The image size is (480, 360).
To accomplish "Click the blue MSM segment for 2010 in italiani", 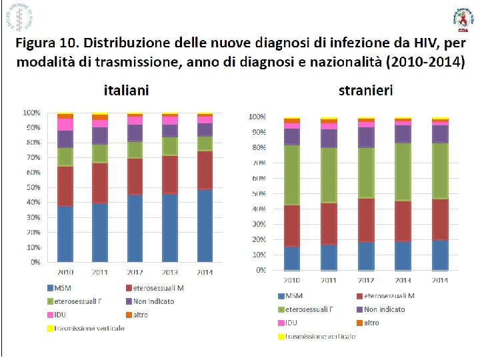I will point(65,233).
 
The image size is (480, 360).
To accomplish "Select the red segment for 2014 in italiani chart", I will point(205,170).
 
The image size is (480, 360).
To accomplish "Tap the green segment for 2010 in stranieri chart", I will point(293,175).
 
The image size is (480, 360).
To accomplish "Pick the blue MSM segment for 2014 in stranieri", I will point(439,255).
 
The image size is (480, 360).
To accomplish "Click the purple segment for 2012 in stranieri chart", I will point(366,137).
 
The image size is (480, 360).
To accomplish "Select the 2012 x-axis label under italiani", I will point(135,271).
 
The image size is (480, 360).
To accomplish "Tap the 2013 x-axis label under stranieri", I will point(403,279).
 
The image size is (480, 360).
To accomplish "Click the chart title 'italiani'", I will point(125,89).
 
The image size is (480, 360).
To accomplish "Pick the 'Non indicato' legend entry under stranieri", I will point(383,309).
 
